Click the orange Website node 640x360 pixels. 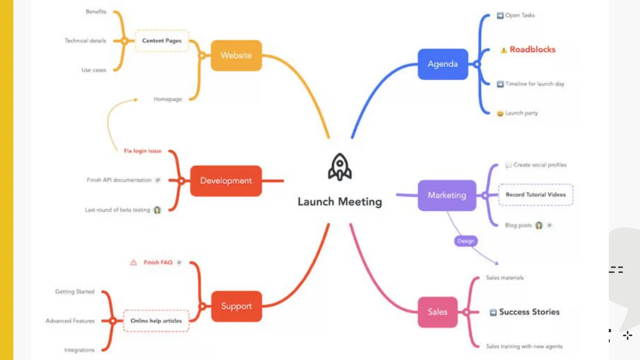236,55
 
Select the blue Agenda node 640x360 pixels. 442,64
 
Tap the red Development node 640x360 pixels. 226,181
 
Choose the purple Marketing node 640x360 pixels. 447,195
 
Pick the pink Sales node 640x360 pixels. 437,312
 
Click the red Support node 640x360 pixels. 236,306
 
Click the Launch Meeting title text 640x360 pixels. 340,202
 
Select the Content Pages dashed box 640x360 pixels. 162,41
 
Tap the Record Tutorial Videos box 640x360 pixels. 536,195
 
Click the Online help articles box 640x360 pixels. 156,321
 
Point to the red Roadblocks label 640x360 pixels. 532,49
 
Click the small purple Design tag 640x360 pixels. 466,241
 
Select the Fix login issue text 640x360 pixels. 142,151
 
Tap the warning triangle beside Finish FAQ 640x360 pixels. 133,262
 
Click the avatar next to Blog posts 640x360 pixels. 539,225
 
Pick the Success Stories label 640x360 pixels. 529,312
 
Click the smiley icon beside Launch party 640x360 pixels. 500,113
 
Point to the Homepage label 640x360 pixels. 167,99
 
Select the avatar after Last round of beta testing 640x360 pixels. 157,210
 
